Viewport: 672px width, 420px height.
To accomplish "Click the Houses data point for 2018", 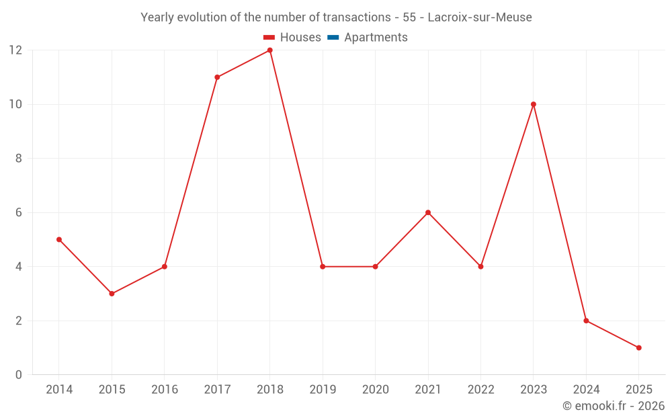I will pos(269,50).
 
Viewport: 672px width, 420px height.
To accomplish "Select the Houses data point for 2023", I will pos(534,104).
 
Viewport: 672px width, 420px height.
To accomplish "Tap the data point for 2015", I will pos(112,294).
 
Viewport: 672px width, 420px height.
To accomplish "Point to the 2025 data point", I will pos(638,347).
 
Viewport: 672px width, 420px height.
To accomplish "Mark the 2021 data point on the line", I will pos(428,212).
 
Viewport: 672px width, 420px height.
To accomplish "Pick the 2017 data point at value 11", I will pos(217,77).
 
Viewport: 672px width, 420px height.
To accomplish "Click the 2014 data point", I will pos(59,239).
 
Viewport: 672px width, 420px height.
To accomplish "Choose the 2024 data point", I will pos(586,321).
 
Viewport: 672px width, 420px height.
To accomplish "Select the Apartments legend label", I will pos(376,38).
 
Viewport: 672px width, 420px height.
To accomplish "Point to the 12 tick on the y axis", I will pos(15,50).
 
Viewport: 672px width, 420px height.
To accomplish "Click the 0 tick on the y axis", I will pos(18,374).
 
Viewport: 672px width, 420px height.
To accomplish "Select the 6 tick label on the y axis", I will pos(18,212).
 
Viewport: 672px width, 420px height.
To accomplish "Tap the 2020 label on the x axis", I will pos(375,390).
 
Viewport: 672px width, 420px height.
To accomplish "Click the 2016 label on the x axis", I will pos(164,390).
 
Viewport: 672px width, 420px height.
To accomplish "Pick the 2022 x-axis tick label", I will pos(480,390).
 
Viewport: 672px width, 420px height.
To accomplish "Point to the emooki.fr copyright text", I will pos(614,406).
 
